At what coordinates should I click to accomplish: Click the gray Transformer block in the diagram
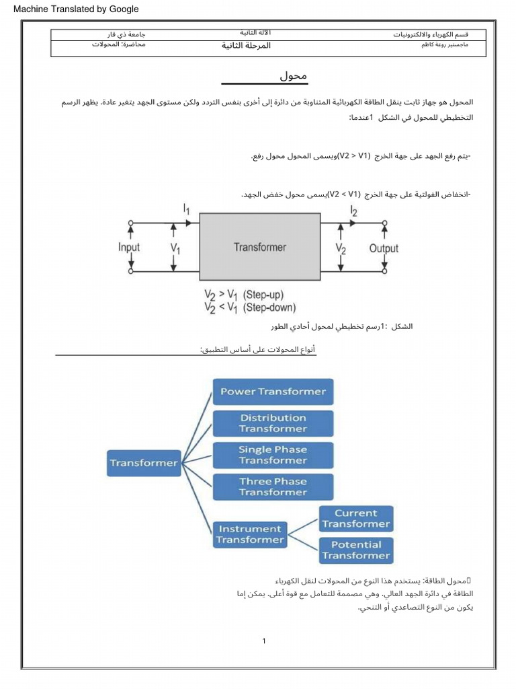coord(259,247)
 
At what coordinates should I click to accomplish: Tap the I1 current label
coord(187,210)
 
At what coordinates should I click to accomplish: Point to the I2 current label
coord(354,211)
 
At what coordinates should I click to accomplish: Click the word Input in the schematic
coord(129,247)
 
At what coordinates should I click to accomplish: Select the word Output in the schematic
coord(384,248)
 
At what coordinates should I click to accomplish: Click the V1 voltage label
coord(175,248)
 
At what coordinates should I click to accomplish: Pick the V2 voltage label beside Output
coord(341,248)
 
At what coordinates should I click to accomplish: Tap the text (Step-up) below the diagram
coord(264,295)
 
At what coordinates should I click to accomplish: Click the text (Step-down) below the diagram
coord(269,307)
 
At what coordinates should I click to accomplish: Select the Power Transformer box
coord(273,392)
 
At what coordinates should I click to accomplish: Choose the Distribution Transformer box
coord(273,423)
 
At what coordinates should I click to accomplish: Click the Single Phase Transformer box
coord(273,455)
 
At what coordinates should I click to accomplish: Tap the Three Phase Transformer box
coord(273,486)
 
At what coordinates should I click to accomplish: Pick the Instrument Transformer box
coord(250,534)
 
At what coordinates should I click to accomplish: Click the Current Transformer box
coord(355,519)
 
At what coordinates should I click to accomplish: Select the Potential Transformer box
coord(355,550)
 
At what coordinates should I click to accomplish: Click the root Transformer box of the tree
coord(144,463)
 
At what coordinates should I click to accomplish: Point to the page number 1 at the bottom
coord(265,641)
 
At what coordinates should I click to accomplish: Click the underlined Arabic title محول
coord(293,76)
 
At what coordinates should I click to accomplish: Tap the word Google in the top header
coord(123,9)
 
